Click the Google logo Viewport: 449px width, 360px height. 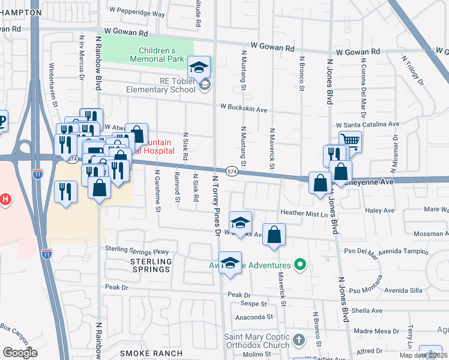(x=20, y=352)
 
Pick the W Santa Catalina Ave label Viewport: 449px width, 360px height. (x=367, y=124)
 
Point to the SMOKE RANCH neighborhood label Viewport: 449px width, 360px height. (x=147, y=354)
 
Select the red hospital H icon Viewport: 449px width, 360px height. (x=4, y=199)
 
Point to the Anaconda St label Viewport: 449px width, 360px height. (x=254, y=317)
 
